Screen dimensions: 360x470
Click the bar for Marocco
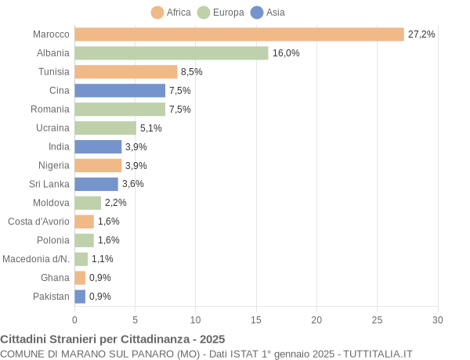click(x=239, y=34)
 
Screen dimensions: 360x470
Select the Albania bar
click(x=172, y=53)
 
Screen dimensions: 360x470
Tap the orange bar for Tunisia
click(x=126, y=72)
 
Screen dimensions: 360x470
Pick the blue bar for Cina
click(x=120, y=91)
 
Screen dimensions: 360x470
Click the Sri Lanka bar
click(x=96, y=184)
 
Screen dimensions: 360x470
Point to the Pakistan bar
click(x=80, y=297)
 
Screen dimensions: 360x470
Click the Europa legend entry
click(x=221, y=13)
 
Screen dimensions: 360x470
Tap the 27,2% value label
click(x=421, y=34)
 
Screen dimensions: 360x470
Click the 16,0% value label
click(x=286, y=53)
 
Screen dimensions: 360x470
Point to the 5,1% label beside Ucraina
click(x=151, y=128)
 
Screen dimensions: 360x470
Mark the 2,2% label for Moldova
click(x=116, y=203)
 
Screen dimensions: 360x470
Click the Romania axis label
click(x=50, y=110)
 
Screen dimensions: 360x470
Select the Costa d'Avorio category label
click(x=38, y=221)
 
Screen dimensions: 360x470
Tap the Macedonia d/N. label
click(x=36, y=259)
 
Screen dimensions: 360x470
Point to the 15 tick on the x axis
click(x=256, y=319)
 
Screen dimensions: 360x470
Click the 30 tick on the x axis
click(x=438, y=319)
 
